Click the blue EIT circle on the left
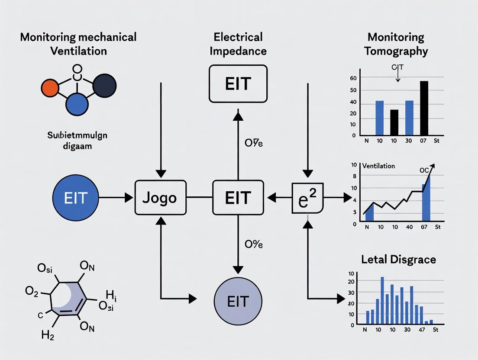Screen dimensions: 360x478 point(75,198)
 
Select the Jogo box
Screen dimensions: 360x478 point(160,198)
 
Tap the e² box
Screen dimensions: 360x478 point(307,198)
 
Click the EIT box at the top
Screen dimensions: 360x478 point(238,84)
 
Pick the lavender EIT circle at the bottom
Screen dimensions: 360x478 point(238,301)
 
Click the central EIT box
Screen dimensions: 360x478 point(238,198)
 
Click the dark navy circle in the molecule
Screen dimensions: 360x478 point(104,85)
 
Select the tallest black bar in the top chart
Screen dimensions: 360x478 point(424,108)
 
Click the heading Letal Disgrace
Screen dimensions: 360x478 point(398,259)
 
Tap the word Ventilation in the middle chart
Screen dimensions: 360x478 point(378,166)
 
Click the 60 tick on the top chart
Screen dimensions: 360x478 point(353,78)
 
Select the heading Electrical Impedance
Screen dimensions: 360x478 point(238,44)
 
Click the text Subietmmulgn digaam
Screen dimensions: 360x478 point(77,141)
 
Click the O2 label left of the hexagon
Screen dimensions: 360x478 point(32,292)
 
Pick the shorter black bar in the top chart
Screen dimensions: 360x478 point(394,122)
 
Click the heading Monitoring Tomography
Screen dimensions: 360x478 point(396,44)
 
